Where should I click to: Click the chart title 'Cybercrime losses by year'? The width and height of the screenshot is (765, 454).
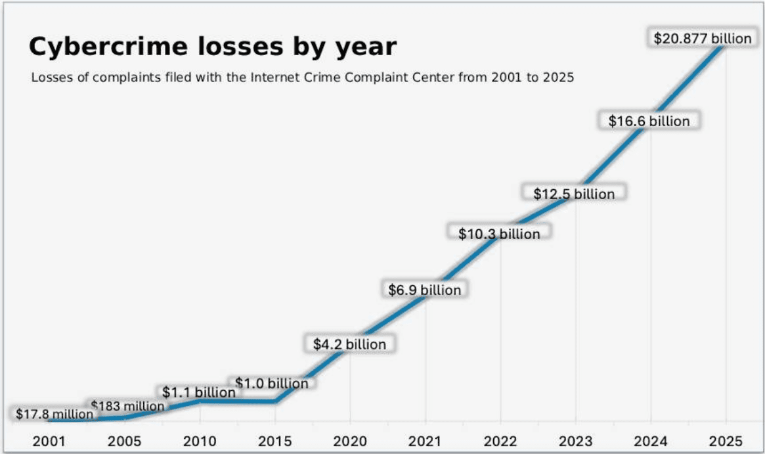[213, 47]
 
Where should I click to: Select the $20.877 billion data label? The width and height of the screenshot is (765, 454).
[702, 39]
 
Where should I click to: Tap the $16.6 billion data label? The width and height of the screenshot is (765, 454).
[649, 121]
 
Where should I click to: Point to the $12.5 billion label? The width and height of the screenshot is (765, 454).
[574, 194]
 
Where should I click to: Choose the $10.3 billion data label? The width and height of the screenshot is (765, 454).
[499, 234]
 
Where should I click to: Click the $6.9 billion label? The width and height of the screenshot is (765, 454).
[424, 290]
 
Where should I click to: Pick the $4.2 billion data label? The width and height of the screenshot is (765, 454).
[349, 344]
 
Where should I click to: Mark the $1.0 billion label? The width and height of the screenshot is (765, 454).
[271, 383]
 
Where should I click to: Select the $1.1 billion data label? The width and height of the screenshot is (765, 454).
[198, 392]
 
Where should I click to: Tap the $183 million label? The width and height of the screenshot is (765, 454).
[127, 406]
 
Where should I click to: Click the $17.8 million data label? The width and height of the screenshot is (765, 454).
[55, 414]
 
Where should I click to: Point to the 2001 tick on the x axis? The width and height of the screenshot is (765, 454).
[49, 441]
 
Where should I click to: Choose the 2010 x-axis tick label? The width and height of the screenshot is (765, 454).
[200, 441]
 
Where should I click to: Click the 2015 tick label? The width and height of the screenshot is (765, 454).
[275, 441]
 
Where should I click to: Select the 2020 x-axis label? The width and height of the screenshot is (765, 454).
[350, 441]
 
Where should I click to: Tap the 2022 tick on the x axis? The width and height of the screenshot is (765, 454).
[500, 441]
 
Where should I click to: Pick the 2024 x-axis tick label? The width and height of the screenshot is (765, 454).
[651, 441]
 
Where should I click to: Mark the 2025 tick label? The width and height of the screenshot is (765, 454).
[726, 441]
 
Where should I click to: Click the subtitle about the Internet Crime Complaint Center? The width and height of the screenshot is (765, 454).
[303, 78]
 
